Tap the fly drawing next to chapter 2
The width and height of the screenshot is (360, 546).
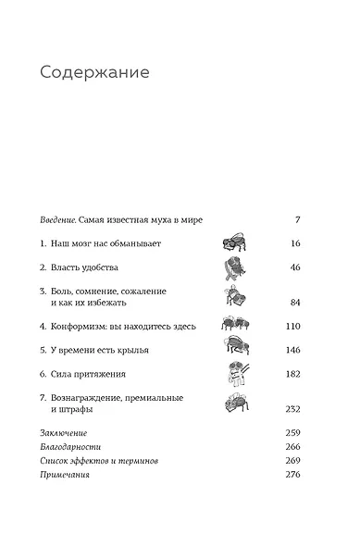(234, 268)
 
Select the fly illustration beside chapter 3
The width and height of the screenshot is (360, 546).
(235, 296)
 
